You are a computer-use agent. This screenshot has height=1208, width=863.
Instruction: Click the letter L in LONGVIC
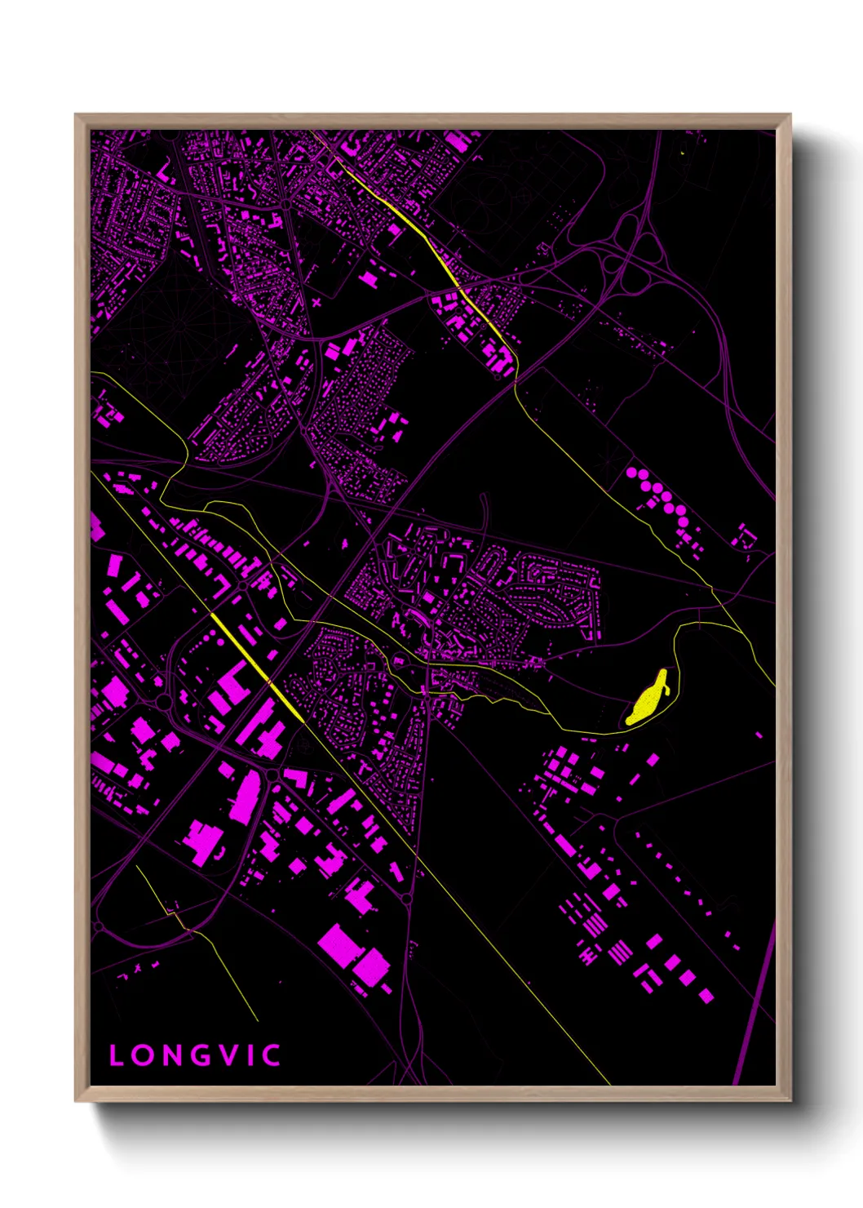point(116,1055)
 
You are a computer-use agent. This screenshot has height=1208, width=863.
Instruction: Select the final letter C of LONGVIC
point(272,1055)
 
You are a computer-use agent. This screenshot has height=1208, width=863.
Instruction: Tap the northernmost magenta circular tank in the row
point(631,473)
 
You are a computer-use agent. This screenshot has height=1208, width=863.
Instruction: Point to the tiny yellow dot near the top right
point(682,153)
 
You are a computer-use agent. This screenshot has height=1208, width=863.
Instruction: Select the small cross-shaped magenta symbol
point(316,302)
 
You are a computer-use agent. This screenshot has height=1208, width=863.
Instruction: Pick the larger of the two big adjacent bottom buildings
point(341,944)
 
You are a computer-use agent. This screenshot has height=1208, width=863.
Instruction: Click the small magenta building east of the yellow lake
point(759,735)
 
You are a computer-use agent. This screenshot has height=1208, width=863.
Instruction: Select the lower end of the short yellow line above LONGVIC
point(258,1020)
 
